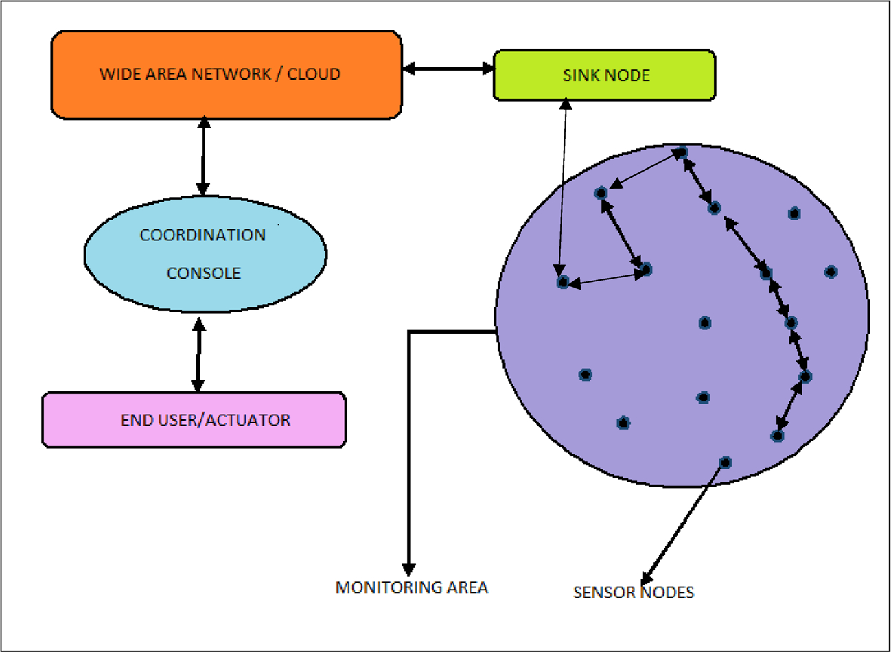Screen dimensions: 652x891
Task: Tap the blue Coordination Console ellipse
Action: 205,254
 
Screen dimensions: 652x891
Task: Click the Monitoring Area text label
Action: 411,587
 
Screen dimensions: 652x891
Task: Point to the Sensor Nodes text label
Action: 633,592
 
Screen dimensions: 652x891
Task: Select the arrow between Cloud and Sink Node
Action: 448,69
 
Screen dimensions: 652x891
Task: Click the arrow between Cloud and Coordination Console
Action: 202,156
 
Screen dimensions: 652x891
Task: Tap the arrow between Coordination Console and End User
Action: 198,354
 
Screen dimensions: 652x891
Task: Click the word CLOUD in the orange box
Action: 314,74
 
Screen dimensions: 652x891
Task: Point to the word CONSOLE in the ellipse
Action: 204,273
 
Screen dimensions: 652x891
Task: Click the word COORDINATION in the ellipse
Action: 202,235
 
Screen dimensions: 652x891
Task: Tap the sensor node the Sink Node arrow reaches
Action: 563,281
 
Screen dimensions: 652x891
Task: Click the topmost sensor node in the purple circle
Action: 682,152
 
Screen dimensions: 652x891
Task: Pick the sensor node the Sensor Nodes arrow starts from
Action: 725,463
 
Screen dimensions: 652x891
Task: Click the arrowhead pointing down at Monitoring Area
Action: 408,569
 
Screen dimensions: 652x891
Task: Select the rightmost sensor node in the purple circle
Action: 831,272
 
